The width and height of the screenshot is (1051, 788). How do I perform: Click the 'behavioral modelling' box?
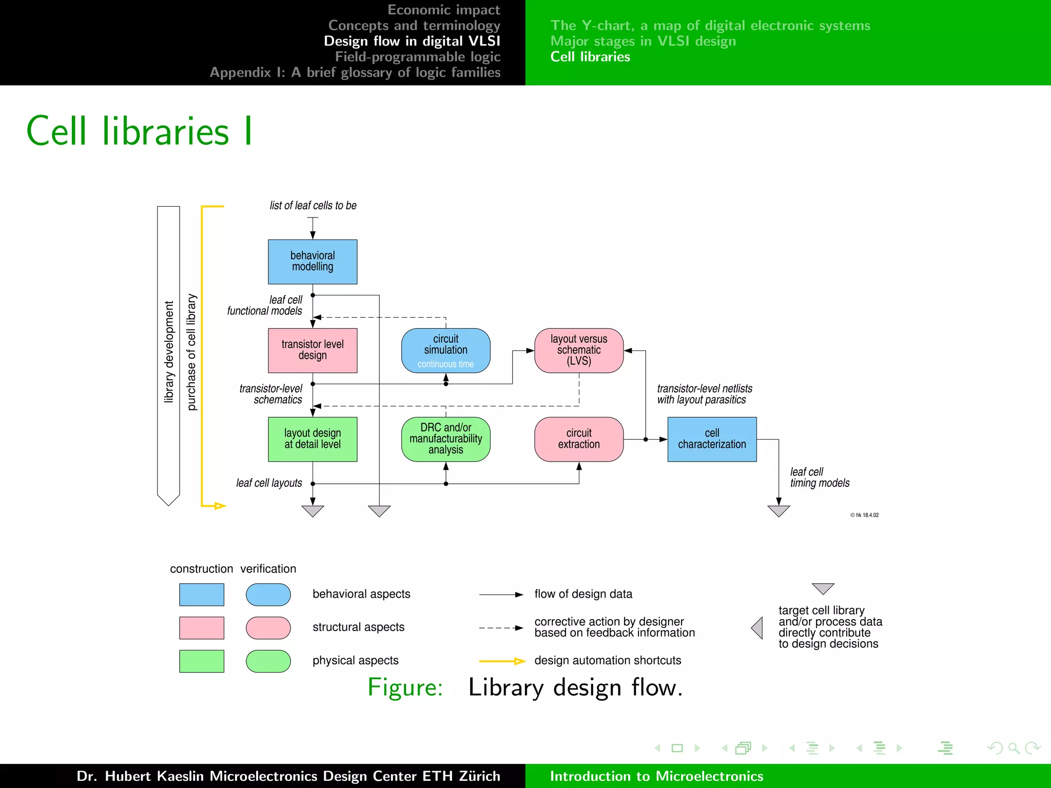pos(313,262)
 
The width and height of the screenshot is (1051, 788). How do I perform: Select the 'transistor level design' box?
pos(313,350)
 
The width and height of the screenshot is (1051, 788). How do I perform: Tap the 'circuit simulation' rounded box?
pos(445,350)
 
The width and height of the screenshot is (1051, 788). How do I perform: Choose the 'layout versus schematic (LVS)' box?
pos(579,350)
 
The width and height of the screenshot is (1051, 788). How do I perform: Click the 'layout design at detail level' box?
pos(313,439)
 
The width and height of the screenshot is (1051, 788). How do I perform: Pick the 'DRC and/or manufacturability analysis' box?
pos(445,439)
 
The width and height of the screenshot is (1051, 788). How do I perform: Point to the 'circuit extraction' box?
pos(579,439)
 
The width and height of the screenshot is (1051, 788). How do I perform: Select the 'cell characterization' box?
pos(712,439)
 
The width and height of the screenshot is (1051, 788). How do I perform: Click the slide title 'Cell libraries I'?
pos(139,131)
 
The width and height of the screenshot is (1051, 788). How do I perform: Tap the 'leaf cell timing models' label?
pos(820,478)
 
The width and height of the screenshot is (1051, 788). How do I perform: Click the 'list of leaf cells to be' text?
pos(313,206)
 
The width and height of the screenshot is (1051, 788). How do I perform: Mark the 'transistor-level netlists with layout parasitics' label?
pos(704,394)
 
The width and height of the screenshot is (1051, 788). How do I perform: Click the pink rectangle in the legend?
pos(202,628)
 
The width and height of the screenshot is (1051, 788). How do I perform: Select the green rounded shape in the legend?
pos(268,661)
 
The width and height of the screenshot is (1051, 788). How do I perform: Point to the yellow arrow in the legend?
pos(502,661)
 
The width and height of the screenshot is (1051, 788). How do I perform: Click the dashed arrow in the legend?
pos(501,628)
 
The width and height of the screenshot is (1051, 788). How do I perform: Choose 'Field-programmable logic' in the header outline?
pos(418,57)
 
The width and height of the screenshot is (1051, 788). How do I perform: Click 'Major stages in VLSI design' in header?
pos(643,41)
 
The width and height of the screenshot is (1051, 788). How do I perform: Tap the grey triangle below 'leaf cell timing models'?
pos(778,511)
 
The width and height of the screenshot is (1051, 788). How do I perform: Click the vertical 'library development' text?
pos(169,352)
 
